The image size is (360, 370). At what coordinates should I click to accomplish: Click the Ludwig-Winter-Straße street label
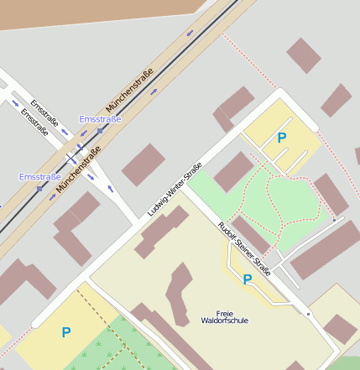click(175, 189)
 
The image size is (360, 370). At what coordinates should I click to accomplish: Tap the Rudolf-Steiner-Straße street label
click(244, 248)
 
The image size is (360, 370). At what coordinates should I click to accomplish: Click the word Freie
click(225, 311)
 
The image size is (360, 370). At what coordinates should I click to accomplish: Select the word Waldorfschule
click(225, 320)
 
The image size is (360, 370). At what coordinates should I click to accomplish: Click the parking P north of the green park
click(282, 138)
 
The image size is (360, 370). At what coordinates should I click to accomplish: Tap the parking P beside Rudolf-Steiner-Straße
click(248, 279)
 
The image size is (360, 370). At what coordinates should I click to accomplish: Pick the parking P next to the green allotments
click(65, 333)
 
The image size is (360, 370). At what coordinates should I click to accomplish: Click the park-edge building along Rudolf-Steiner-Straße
click(250, 235)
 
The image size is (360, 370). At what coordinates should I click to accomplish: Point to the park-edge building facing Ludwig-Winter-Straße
click(233, 171)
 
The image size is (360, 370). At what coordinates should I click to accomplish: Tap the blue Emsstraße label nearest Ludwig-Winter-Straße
click(100, 119)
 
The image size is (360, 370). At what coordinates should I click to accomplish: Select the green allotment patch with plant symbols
click(117, 348)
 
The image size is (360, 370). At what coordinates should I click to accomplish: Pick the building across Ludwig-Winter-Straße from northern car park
click(236, 106)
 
